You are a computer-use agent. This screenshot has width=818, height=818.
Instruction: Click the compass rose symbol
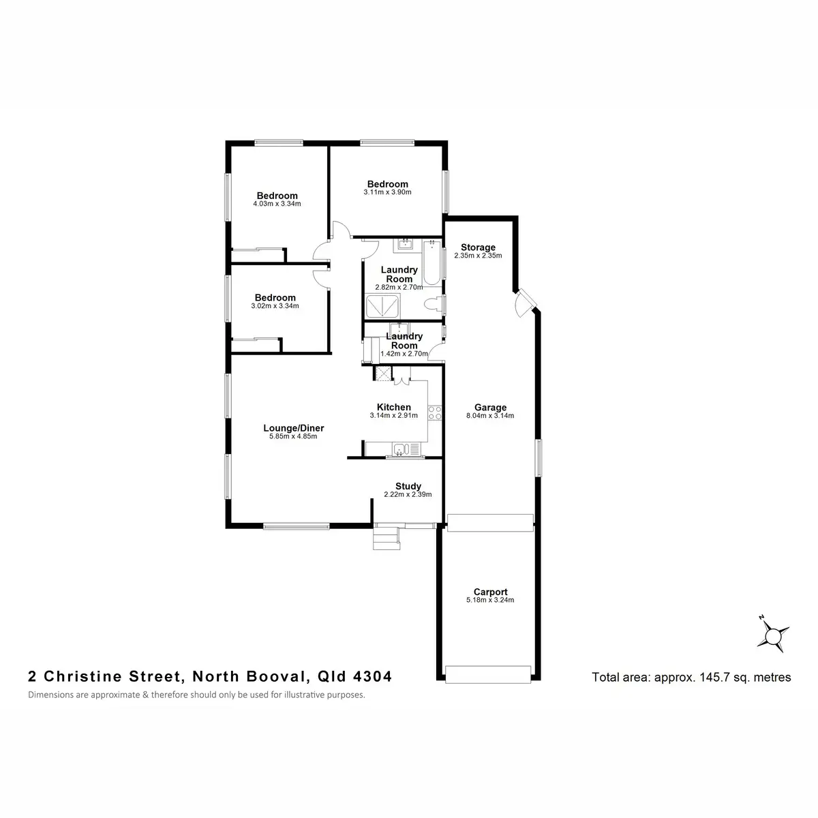click(774, 635)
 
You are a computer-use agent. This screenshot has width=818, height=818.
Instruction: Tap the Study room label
click(408, 486)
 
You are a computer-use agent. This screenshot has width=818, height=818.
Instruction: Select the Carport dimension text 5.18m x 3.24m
click(490, 601)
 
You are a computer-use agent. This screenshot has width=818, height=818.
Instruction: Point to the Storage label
click(478, 247)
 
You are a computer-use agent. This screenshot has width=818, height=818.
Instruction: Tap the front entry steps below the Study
click(386, 538)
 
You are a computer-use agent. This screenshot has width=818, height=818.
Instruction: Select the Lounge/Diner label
click(293, 428)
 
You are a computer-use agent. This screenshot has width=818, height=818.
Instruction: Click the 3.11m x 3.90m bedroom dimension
click(387, 192)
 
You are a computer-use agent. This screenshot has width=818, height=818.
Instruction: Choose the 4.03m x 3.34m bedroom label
click(277, 196)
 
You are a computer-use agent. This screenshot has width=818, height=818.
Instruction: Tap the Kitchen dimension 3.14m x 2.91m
click(393, 415)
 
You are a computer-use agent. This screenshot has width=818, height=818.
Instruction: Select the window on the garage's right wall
click(538, 457)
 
